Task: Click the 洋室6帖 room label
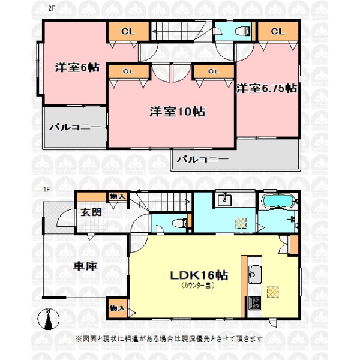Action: (x=77, y=68)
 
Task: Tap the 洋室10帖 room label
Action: (x=177, y=112)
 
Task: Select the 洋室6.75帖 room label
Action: (x=266, y=88)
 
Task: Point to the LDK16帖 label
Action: (x=199, y=275)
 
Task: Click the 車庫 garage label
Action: (x=85, y=266)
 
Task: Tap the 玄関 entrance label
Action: (x=91, y=212)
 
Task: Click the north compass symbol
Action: (x=48, y=319)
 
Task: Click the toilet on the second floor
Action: (x=244, y=31)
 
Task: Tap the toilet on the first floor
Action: (x=180, y=223)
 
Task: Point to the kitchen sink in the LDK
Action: (x=254, y=275)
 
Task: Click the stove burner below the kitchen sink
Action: (x=254, y=302)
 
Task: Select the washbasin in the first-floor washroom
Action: (x=224, y=199)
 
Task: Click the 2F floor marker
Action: (x=51, y=8)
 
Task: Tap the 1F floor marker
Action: (x=47, y=190)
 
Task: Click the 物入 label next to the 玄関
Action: (x=118, y=197)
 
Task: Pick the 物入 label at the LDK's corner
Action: (x=118, y=308)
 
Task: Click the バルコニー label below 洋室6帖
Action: (x=75, y=127)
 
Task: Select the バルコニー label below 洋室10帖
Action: (x=203, y=159)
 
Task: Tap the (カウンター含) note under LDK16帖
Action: (x=198, y=286)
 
